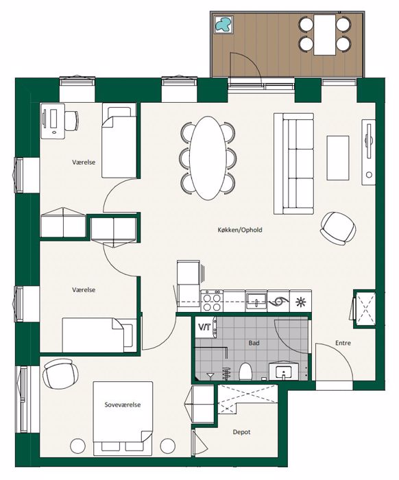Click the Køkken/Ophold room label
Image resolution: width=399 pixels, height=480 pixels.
coord(240,230)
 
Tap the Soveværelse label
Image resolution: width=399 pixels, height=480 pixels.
coord(123,405)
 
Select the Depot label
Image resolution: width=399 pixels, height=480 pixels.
coord(242,432)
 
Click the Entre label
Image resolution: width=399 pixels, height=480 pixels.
coord(343,343)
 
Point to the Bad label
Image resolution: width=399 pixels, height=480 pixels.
coord(254,343)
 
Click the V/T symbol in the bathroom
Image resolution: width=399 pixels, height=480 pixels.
coord(204,327)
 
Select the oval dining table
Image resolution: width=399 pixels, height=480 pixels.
coord(207,158)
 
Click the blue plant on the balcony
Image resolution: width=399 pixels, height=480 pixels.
coord(223,25)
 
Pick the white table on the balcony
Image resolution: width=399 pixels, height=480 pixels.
coord(325,35)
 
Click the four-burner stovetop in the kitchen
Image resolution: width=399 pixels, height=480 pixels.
coord(212,301)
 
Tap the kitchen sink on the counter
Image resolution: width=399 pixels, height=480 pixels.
coord(256,301)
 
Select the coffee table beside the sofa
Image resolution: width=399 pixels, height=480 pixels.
coord(338,158)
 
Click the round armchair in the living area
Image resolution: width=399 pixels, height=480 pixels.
coord(338,228)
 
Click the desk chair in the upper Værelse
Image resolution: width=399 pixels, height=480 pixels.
coord(72,121)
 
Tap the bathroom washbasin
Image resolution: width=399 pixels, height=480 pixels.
coord(284,372)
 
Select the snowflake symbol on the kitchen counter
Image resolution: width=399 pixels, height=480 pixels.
coord(301,302)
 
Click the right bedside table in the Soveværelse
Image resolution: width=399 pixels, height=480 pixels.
coord(168,446)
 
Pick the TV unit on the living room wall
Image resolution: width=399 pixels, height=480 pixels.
coord(368,152)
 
